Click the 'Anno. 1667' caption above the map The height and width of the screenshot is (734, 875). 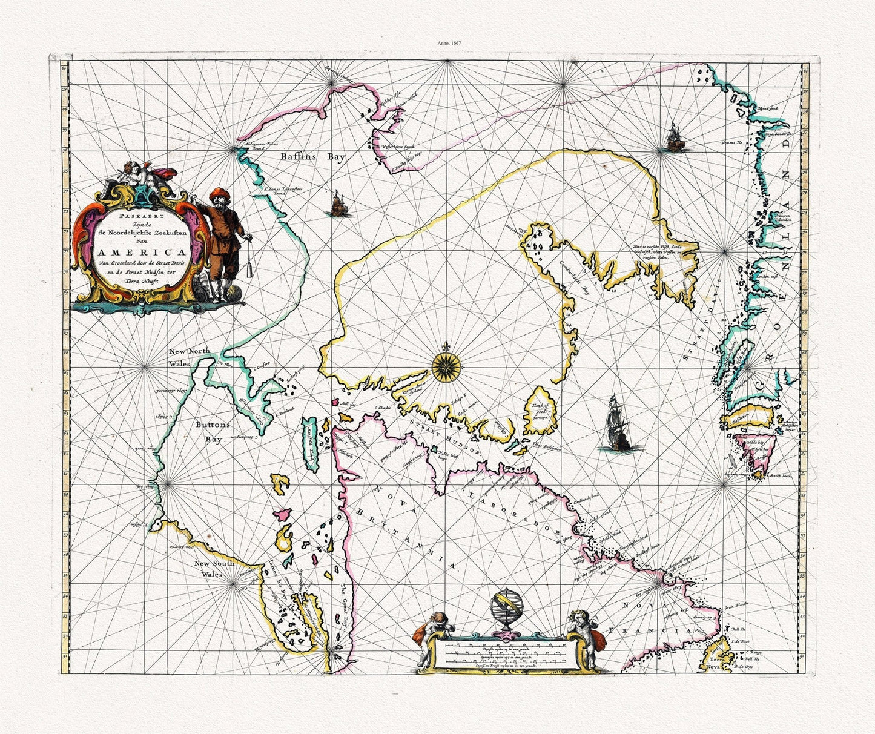click(449, 44)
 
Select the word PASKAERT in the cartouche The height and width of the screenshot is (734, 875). click(137, 215)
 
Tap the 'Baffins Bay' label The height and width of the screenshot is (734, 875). click(312, 157)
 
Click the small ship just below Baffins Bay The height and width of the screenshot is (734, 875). click(338, 203)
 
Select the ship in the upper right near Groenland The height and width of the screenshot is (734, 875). click(674, 137)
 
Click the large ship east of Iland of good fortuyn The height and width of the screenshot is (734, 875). click(619, 424)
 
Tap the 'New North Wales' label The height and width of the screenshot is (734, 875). click(190, 357)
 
